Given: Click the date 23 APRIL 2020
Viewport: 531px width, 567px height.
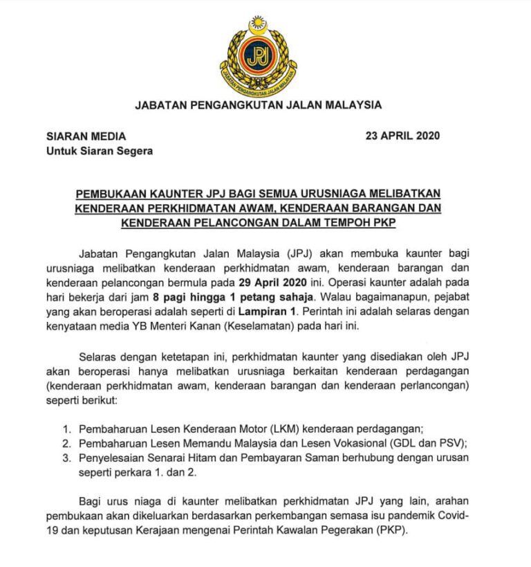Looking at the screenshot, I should tap(402, 136).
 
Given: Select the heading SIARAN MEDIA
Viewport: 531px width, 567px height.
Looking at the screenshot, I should tap(86, 136).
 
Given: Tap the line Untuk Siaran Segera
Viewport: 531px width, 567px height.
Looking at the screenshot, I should tap(100, 151).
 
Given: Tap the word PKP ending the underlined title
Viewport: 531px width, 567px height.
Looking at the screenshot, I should tap(399, 223).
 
